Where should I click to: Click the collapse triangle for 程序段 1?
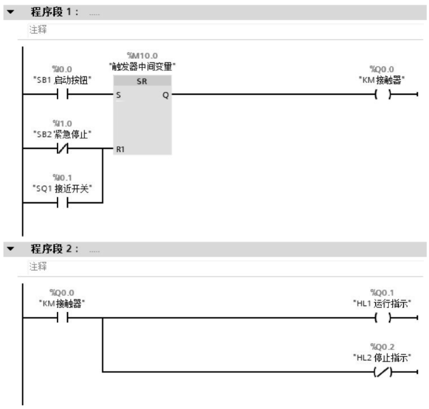coord(11,12)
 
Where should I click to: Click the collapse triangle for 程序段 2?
coord(11,248)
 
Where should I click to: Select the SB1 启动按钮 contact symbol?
coord(62,94)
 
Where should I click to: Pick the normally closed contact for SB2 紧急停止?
coord(62,148)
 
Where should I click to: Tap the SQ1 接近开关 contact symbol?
coord(62,202)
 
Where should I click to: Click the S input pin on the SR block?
coord(118,95)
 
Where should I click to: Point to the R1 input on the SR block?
coord(120,149)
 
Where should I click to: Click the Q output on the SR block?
coord(166,95)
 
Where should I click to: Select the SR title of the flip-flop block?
coord(142,81)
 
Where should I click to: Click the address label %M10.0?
coord(142,56)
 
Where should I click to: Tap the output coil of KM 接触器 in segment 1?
coord(383,94)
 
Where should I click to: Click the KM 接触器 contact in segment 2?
coord(62,317)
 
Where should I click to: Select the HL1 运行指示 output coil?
coord(383,317)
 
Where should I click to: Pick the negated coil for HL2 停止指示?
coord(383,372)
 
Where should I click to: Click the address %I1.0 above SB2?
coord(62,123)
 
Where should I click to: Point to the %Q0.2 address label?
coord(382,347)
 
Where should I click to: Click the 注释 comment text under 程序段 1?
coord(38,29)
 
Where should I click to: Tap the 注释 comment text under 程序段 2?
coord(38,266)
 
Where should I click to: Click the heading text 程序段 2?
coord(54,248)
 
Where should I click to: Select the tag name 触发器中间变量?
coord(142,67)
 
